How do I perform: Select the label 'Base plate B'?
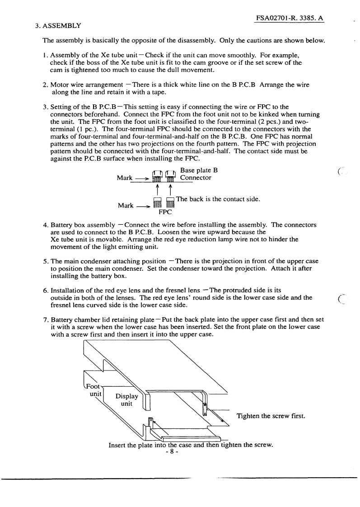coord(199,170)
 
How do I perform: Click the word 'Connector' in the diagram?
coord(196,178)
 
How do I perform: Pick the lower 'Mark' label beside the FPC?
coord(126,206)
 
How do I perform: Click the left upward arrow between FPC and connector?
coord(158,188)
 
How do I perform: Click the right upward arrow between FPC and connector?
coord(170,188)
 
